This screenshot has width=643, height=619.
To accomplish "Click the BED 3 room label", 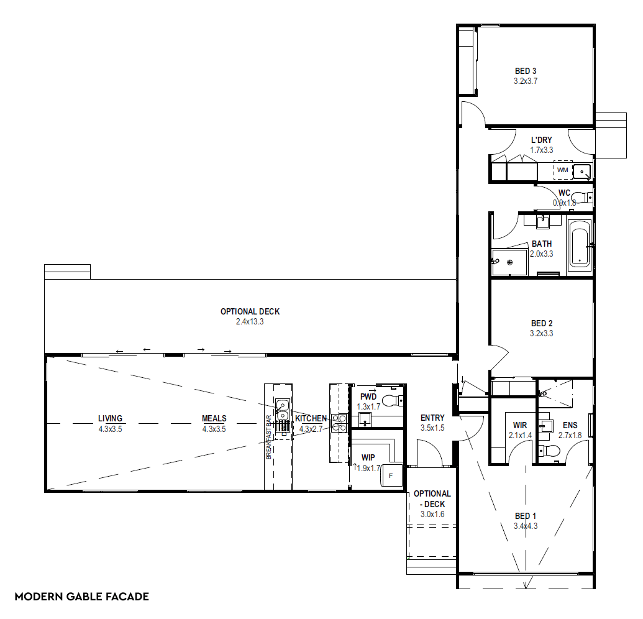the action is (526, 71).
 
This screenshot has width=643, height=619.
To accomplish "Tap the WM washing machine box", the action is (563, 170).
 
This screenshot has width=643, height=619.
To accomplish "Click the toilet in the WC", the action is (581, 197).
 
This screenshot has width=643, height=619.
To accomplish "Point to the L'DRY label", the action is (541, 140).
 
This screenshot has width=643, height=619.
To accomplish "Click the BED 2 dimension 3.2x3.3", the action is (541, 334).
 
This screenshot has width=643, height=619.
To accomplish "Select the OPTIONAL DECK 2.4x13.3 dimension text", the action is (250, 321).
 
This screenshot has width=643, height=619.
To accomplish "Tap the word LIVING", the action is (111, 418).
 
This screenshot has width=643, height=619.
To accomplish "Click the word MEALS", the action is (214, 418).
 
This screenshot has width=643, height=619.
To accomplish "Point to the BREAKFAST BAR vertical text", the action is (268, 437).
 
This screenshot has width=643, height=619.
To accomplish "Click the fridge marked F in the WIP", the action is (391, 475).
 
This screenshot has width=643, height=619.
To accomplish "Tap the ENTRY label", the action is (432, 418).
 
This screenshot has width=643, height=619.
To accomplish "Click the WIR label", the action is (520, 425).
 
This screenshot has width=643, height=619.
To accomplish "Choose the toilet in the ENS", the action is (549, 451).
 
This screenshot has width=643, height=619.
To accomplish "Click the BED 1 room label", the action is (526, 516).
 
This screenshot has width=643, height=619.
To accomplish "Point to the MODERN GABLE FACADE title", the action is (81, 597).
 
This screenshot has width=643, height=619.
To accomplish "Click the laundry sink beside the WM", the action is (582, 172).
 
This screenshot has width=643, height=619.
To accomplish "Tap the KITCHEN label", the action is (311, 418).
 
